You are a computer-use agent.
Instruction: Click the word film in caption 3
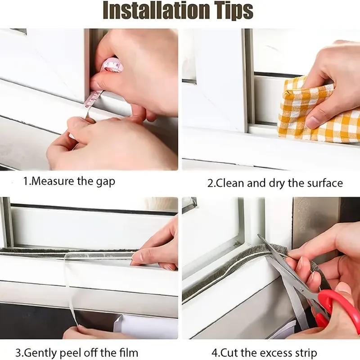coord(128,352)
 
